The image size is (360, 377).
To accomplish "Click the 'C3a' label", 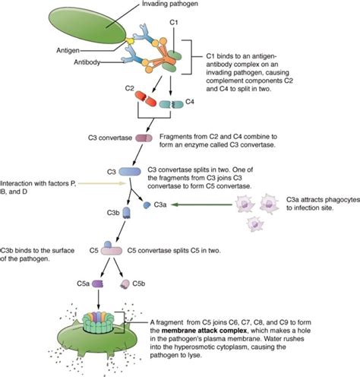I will [x=161, y=204].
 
